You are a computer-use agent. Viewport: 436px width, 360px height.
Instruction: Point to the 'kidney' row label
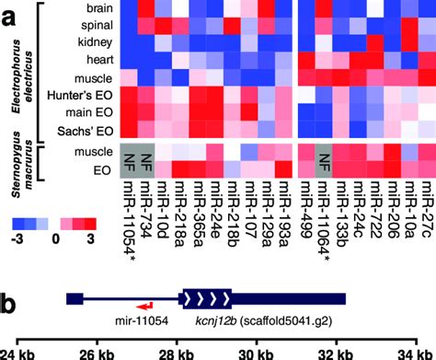click(x=94, y=41)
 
